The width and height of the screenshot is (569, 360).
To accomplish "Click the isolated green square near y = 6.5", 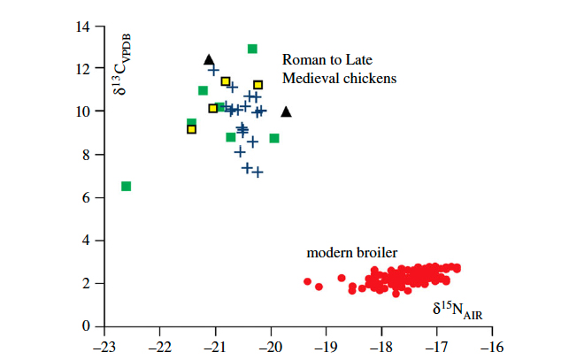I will tap(126, 186).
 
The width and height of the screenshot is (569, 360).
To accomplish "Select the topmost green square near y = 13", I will tap(252, 49).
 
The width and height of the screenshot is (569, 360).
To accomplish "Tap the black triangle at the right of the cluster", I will tap(286, 111).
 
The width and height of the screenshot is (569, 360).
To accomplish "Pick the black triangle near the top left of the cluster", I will tap(209, 59).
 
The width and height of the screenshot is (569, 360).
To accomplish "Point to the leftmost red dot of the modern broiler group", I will tap(308, 281).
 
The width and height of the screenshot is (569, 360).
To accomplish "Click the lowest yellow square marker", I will tap(191, 129).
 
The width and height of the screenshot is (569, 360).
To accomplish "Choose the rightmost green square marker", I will tap(274, 138).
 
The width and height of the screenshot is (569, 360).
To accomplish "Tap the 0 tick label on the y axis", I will tap(88, 327).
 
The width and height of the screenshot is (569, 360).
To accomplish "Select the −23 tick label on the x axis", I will tap(104, 347).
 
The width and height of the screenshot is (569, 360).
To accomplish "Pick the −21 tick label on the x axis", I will tap(215, 347).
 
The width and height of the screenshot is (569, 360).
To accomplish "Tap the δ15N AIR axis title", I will tap(457, 310).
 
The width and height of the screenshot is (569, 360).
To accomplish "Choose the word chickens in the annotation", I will tap(370, 79).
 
